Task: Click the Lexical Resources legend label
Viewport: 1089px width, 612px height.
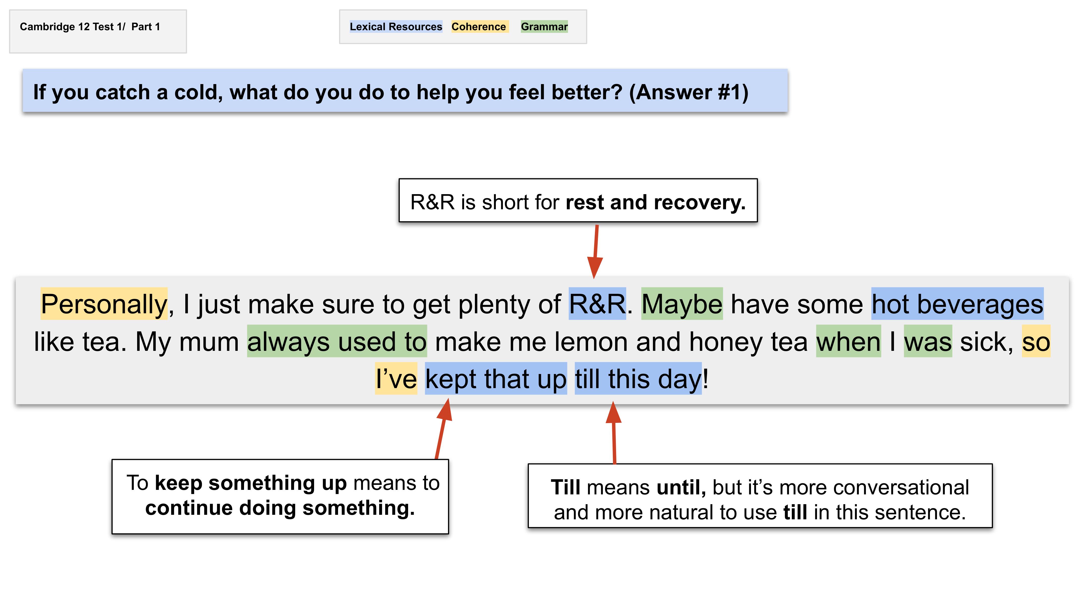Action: tap(396, 27)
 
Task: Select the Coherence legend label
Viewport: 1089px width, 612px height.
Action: tap(479, 27)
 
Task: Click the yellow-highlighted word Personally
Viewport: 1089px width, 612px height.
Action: tap(104, 304)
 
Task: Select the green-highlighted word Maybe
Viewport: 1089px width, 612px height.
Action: tap(682, 304)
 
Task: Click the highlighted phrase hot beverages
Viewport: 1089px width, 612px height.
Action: tap(957, 304)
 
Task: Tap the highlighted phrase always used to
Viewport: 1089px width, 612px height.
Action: tap(337, 341)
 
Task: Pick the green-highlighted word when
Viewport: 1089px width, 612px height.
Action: tap(849, 341)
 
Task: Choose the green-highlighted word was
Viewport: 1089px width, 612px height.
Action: tap(928, 341)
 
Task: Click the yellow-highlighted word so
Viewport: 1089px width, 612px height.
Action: tap(1036, 341)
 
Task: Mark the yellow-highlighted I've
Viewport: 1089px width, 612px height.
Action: tap(396, 379)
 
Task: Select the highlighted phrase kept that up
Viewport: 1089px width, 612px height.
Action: tap(496, 379)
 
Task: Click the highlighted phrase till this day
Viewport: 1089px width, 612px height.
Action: tap(638, 379)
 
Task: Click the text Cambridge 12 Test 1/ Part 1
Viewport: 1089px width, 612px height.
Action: tap(90, 27)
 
